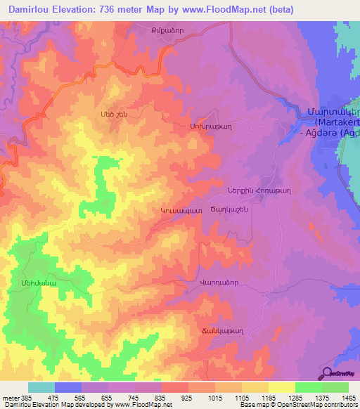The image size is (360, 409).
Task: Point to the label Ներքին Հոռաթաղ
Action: [259, 191]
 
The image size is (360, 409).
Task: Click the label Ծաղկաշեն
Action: [230, 209]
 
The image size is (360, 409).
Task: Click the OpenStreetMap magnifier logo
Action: [328, 373]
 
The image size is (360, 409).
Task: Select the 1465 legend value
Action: [348, 397]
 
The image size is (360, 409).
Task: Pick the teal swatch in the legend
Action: [41, 387]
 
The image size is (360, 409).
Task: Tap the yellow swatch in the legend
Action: [281, 387]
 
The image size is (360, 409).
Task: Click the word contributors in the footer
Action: [338, 405]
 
